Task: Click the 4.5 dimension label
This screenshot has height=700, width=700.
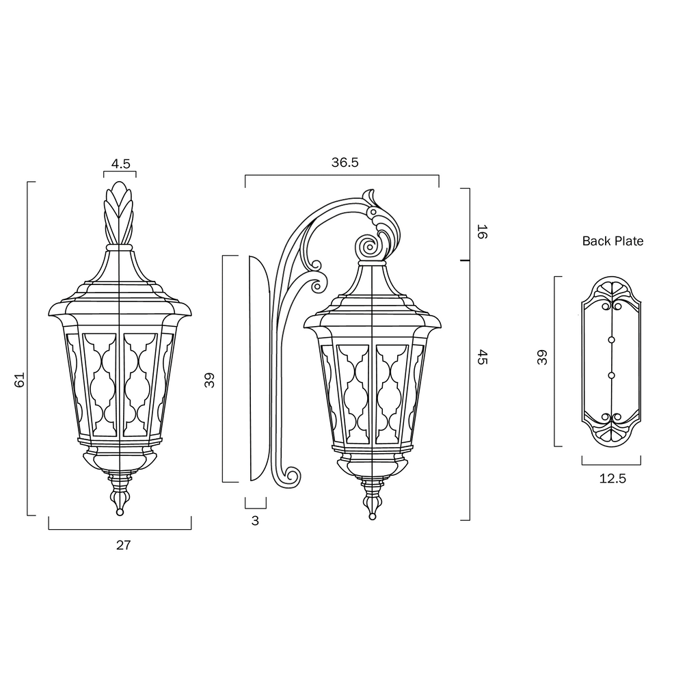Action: (x=120, y=164)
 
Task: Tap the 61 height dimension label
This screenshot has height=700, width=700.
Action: (x=20, y=379)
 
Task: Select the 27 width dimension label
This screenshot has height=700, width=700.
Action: (x=124, y=545)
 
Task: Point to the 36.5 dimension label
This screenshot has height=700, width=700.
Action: (x=345, y=163)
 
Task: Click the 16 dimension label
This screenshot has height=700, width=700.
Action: (x=482, y=232)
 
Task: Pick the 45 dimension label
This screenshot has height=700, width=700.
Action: (x=482, y=357)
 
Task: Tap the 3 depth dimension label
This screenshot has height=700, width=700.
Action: (x=255, y=520)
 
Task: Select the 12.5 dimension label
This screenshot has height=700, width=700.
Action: (x=612, y=479)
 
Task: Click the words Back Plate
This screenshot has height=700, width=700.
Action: (x=612, y=241)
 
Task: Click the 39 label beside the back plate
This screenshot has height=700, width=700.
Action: (x=542, y=357)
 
